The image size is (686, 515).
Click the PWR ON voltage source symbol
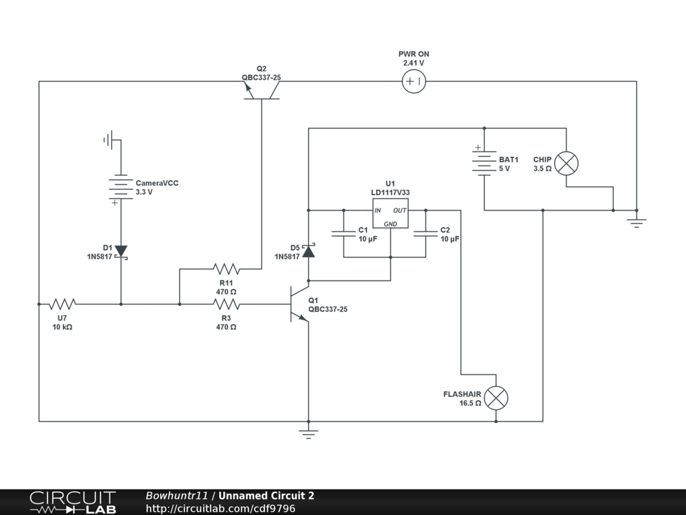pos(413,82)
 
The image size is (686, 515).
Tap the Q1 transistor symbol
pos(297,304)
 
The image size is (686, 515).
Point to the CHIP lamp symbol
pos(567,164)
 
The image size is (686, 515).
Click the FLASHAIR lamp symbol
pos(496,398)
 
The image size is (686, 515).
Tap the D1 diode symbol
pos(121,251)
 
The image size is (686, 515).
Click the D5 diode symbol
pos(308,251)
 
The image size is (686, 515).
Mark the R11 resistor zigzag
pos(226,269)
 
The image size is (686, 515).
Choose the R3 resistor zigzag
pos(226,304)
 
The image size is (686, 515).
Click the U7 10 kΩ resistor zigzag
pos(62,304)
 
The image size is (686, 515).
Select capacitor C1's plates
pos(343,234)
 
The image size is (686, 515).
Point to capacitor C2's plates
pos(425,234)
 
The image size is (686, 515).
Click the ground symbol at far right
pos(636,222)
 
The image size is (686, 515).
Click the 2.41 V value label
pos(413,63)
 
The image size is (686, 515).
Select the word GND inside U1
pos(391,223)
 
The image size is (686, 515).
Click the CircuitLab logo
pos(72,502)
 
